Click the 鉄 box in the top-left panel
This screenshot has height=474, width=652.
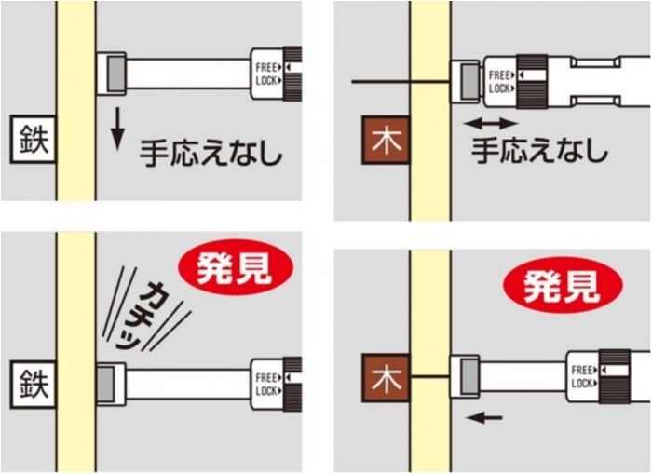tap(34, 140)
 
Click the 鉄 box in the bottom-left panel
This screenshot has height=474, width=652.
tap(34, 385)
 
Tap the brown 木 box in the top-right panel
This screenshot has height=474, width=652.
tap(386, 140)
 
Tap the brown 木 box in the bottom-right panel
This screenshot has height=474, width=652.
tap(386, 378)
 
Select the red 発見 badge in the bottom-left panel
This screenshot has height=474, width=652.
tap(236, 268)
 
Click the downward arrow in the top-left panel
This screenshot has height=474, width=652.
tap(118, 129)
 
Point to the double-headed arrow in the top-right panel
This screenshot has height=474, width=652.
tap(491, 123)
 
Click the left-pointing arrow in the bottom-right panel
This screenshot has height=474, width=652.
tap(484, 417)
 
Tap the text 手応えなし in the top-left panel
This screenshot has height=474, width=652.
tap(211, 154)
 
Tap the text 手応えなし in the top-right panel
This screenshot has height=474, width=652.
tap(539, 150)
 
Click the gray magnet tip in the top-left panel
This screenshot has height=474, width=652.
tap(116, 74)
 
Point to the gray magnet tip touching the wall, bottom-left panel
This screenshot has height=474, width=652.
tap(105, 385)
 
